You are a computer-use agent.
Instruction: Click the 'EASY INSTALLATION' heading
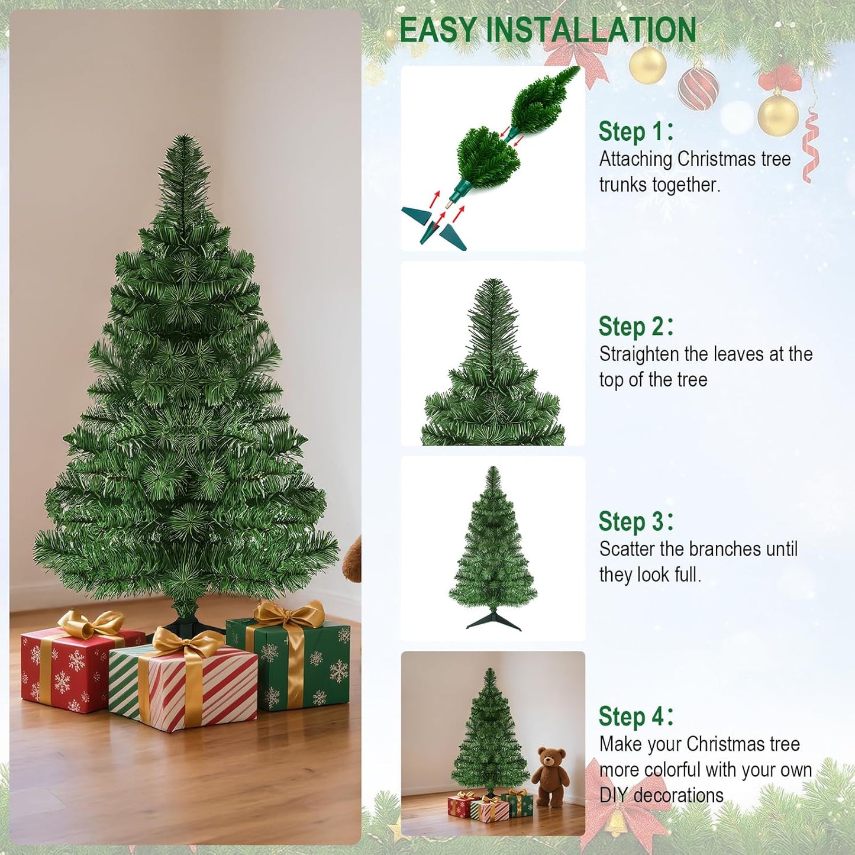548,31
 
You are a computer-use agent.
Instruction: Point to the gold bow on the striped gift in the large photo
186,642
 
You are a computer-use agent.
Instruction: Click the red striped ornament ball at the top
698,89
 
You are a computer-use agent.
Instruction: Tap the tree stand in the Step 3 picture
493,622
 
